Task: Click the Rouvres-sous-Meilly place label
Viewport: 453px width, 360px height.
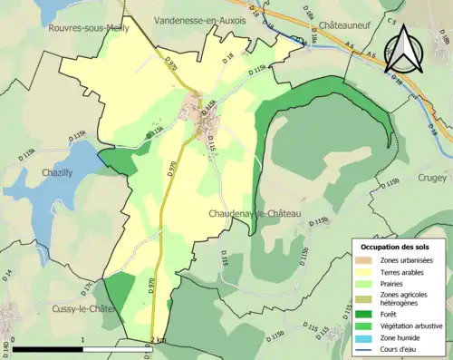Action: point(87,29)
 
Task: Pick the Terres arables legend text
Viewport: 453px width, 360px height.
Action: point(402,271)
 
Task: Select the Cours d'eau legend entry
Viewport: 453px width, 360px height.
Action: point(400,349)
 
